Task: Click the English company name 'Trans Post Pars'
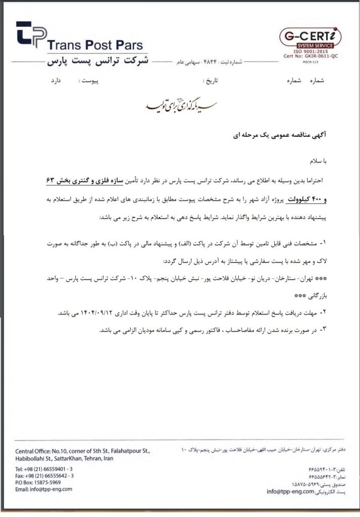(x=95, y=45)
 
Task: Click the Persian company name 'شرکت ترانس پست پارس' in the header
(x=96, y=62)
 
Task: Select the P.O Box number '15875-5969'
(x=54, y=482)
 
